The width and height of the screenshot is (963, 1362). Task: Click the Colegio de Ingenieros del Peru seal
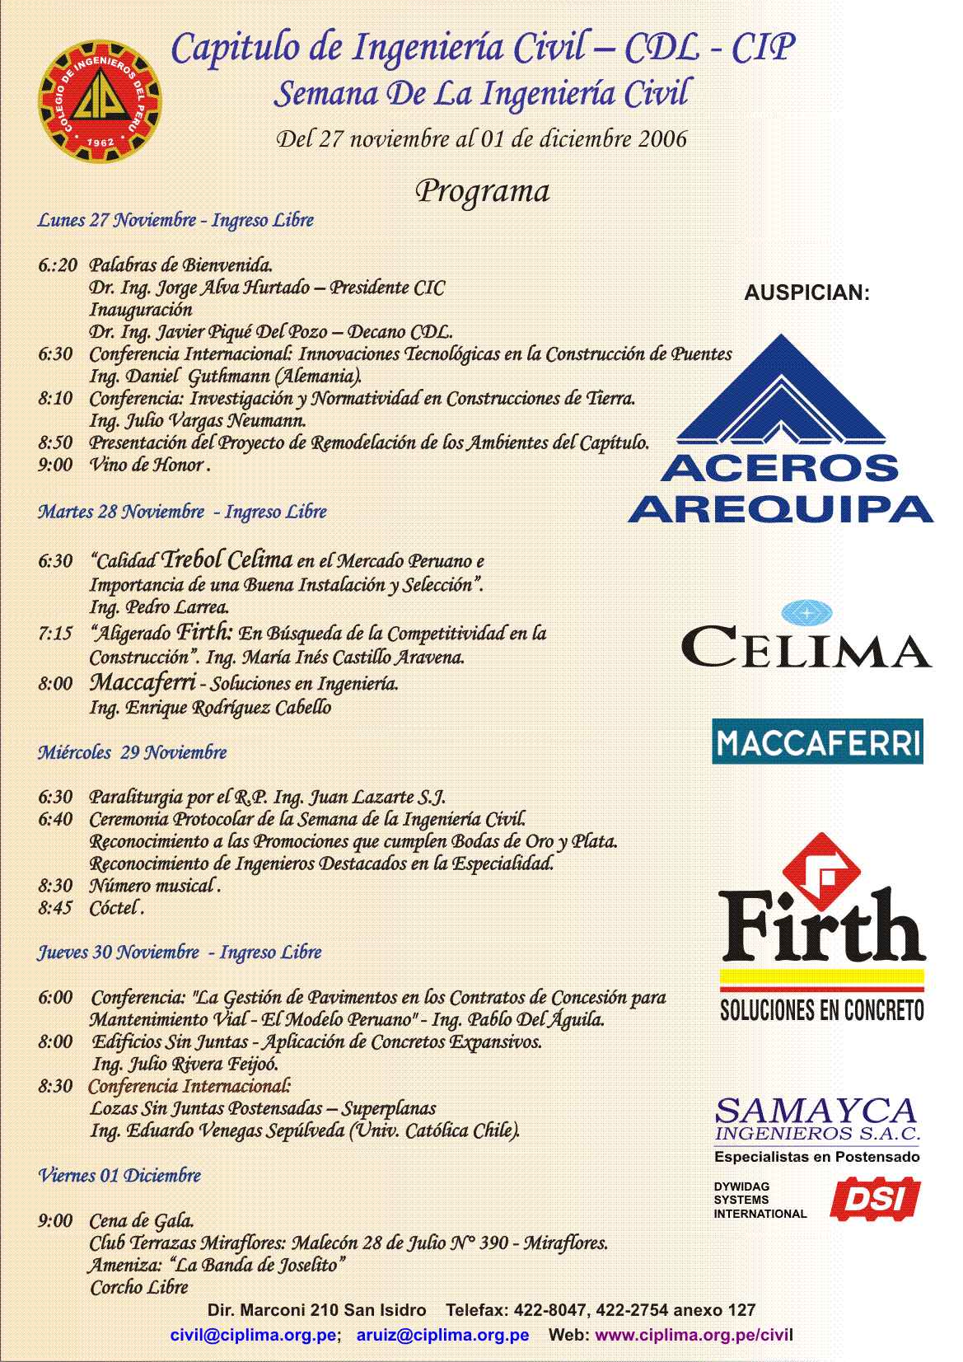101,101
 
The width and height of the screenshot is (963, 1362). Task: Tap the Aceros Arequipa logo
779,428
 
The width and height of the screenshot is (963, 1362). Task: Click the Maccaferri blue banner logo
817,742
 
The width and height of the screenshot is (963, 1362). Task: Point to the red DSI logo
877,1200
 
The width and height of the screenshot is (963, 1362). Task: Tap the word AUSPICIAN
806,293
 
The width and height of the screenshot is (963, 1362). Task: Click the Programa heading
482,191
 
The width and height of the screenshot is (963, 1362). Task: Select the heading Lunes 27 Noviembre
117,221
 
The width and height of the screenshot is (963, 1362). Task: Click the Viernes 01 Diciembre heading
119,1175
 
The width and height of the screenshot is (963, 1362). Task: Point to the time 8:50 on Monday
55,442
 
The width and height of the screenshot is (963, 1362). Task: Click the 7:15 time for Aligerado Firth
55,634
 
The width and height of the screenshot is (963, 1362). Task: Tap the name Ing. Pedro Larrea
158,607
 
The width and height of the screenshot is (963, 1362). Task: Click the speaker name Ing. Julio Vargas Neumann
198,420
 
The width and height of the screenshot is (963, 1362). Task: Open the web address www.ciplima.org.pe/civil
694,1335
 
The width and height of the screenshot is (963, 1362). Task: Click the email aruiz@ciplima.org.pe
442,1335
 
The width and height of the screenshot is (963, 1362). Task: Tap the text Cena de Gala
141,1220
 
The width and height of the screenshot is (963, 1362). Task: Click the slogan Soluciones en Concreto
821,1009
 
